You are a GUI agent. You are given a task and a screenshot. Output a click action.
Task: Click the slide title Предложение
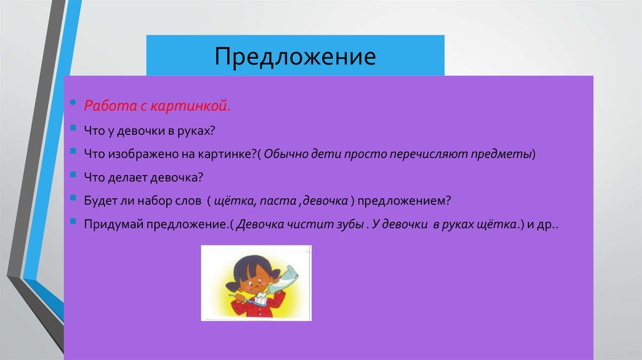click(295, 56)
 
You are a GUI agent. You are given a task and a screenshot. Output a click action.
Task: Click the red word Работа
click(105, 107)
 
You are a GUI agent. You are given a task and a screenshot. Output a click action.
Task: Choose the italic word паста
click(277, 201)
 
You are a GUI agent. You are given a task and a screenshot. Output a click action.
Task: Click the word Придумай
click(113, 224)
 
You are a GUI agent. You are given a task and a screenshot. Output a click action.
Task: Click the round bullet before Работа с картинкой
click(73, 102)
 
